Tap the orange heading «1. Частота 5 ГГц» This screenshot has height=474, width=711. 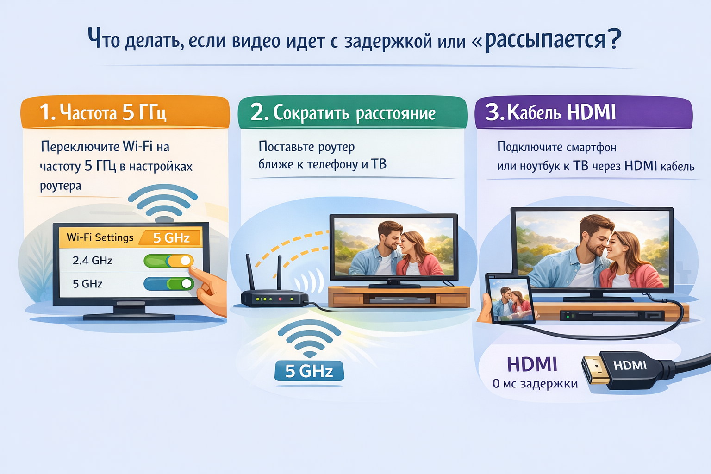click(103, 112)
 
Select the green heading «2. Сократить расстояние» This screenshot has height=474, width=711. click(343, 113)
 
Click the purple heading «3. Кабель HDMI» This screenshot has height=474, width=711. click(550, 112)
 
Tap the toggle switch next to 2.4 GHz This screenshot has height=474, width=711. click(168, 261)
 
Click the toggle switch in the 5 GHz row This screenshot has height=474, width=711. click(168, 284)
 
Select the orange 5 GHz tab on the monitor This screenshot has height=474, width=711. click(171, 238)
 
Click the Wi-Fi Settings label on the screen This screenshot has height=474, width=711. click(100, 237)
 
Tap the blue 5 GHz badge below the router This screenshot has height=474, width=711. click(309, 371)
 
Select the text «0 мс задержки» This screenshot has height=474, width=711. click(535, 384)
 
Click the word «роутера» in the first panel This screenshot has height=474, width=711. click(61, 186)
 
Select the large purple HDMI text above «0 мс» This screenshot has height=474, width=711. click(532, 364)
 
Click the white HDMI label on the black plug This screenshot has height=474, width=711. click(630, 366)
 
